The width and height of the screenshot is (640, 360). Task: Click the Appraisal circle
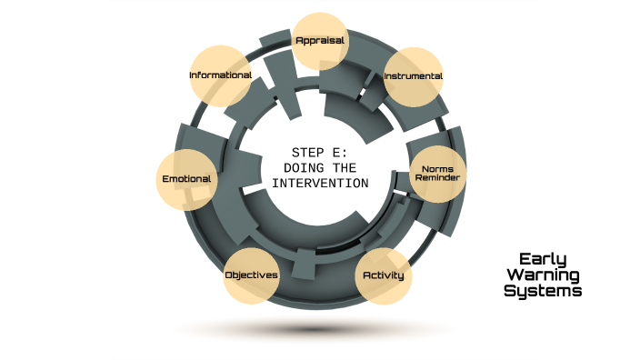pyautogui.click(x=320, y=41)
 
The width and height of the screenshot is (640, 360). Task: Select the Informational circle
pyautogui.click(x=220, y=75)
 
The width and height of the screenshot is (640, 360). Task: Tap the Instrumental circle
pyautogui.click(x=413, y=76)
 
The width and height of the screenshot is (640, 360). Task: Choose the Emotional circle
pyautogui.click(x=187, y=179)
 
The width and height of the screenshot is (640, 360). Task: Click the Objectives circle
pyautogui.click(x=252, y=275)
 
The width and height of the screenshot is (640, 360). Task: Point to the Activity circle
pyautogui.click(x=383, y=275)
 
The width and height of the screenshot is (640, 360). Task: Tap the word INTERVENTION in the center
pyautogui.click(x=320, y=183)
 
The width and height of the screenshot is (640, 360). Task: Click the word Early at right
pyautogui.click(x=543, y=258)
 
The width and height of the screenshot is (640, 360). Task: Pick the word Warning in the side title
pyautogui.click(x=543, y=275)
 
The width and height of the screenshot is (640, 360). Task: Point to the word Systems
pyautogui.click(x=543, y=291)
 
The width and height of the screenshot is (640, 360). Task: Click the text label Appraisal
pyautogui.click(x=320, y=40)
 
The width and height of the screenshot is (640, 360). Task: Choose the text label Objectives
pyautogui.click(x=252, y=275)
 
